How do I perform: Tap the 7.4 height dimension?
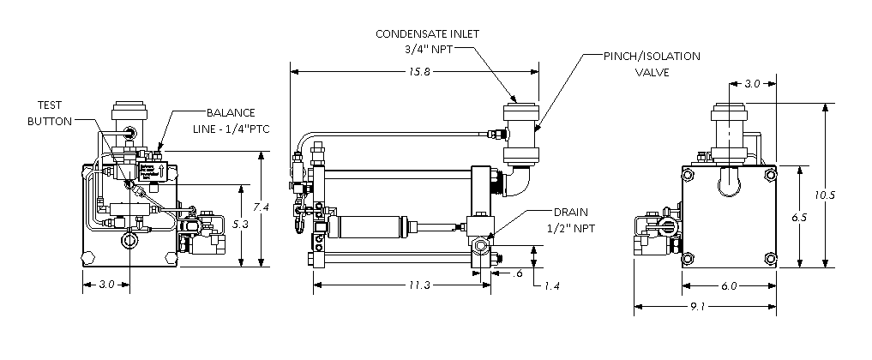pyautogui.click(x=264, y=208)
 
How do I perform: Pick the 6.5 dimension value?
pyautogui.click(x=801, y=219)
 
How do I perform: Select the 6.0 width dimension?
pyautogui.click(x=730, y=286)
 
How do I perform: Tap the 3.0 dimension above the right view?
pyautogui.click(x=750, y=84)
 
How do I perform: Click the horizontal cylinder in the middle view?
pyautogui.click(x=364, y=228)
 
